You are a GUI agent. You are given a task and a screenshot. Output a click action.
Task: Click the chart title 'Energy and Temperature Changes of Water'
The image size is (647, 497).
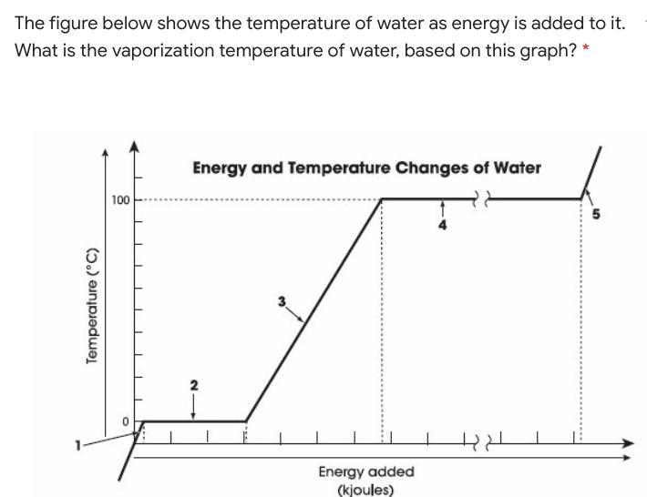click(x=366, y=168)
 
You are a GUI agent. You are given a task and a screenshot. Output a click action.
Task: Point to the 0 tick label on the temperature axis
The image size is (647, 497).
click(x=128, y=421)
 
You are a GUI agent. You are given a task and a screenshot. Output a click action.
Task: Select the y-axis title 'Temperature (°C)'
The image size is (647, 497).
click(x=91, y=305)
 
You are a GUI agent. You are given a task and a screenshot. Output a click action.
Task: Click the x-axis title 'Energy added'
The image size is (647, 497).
click(x=365, y=472)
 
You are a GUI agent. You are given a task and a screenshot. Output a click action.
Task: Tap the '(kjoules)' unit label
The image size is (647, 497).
click(x=365, y=490)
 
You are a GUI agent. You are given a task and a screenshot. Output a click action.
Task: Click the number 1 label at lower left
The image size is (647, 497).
click(x=79, y=444)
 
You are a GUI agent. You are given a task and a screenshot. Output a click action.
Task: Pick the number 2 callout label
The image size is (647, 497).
click(x=192, y=385)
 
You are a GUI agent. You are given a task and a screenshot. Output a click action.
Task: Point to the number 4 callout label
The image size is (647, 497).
click(x=443, y=226)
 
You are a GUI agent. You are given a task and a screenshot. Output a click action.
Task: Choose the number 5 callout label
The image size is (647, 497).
click(x=597, y=215)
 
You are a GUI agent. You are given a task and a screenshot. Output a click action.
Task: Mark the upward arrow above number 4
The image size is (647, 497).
click(x=443, y=208)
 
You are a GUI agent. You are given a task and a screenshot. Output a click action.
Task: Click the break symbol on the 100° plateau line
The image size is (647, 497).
click(x=483, y=198)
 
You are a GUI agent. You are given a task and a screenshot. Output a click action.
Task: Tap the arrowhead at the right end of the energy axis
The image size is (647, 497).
click(x=627, y=443)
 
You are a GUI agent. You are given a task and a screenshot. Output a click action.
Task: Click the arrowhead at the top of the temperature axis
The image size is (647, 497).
click(x=136, y=146)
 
